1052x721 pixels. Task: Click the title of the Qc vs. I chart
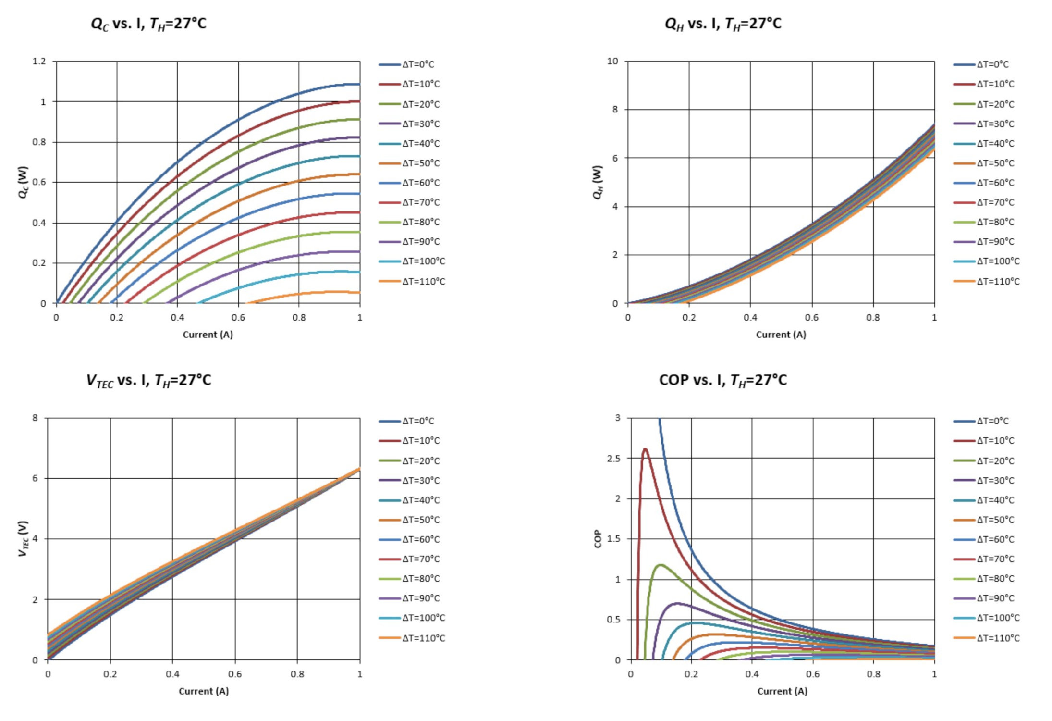(x=148, y=24)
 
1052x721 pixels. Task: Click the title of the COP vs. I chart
(x=722, y=380)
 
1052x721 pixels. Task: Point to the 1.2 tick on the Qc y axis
(x=39, y=61)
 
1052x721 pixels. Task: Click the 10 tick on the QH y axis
(x=612, y=61)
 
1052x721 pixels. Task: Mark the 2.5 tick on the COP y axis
(x=614, y=458)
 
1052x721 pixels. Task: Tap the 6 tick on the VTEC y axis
(x=35, y=478)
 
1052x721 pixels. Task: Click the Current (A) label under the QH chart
(x=781, y=335)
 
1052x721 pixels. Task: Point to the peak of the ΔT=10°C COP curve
(x=645, y=449)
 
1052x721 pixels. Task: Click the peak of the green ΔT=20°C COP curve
(x=661, y=565)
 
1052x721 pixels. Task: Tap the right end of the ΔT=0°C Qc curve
(x=359, y=84)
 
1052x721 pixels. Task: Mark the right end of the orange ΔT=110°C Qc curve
(x=359, y=292)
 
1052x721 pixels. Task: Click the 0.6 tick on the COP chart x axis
(x=813, y=674)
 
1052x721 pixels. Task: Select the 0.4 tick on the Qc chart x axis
(x=177, y=318)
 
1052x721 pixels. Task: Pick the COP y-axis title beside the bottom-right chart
(x=598, y=538)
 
